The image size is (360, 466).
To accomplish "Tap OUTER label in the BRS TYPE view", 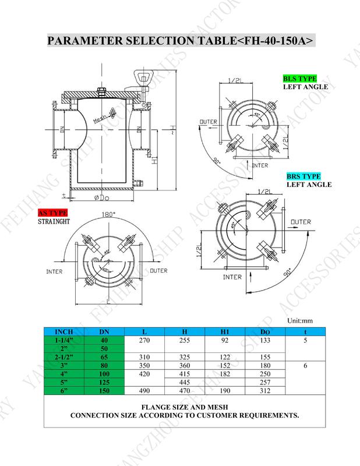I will (301, 222).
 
